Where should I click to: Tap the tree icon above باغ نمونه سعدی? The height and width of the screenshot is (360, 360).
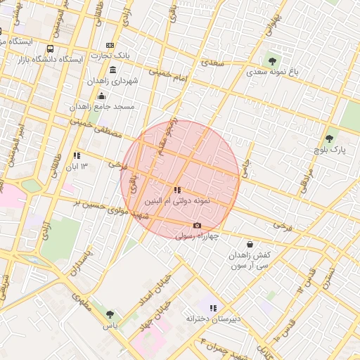[x=273, y=61]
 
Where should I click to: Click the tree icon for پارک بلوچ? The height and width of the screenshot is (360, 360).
[x=329, y=139]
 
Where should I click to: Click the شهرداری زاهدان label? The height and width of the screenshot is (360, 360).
[x=115, y=81]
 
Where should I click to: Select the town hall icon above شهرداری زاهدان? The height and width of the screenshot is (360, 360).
[x=113, y=70]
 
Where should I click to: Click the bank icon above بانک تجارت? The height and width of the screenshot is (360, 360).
[x=110, y=45]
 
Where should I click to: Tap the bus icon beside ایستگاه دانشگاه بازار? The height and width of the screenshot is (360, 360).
[x=50, y=49]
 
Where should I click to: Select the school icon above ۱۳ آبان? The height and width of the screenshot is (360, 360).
[x=77, y=155]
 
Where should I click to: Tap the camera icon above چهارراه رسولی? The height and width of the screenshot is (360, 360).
[x=197, y=226]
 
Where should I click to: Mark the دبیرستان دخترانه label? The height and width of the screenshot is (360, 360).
[x=213, y=319]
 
